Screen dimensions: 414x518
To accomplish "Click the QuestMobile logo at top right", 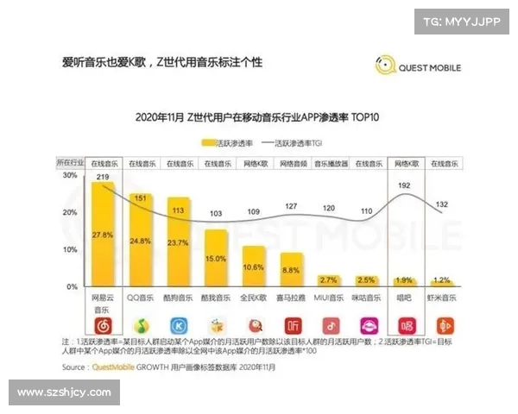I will point(418,66).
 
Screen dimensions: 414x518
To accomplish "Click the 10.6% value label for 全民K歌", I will point(254,267).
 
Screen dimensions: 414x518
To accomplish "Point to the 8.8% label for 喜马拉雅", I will point(292,270).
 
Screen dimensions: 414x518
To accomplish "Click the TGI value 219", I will point(103,177).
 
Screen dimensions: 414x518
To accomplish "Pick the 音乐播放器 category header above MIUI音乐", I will point(329,162).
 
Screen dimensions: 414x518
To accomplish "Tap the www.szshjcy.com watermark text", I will point(64,392).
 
